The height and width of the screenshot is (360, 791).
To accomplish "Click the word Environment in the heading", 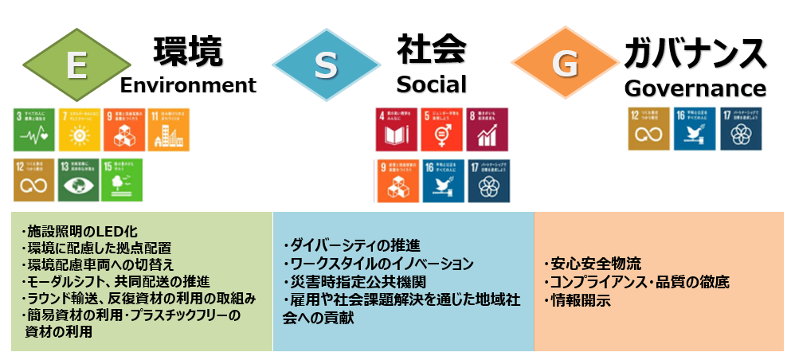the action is tap(189, 85).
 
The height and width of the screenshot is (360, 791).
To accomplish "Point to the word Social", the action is tap(431, 84).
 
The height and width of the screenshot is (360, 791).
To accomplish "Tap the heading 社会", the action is tap(431, 49).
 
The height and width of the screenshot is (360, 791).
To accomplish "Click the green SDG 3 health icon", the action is tap(34, 129).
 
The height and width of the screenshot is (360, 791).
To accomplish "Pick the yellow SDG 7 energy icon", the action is tap(79, 129).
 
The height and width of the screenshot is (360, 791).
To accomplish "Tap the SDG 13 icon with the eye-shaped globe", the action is tap(79, 180).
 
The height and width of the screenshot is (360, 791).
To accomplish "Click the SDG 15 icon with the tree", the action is tap(123, 180).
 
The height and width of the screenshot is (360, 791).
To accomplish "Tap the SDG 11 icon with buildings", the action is tap(168, 129).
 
